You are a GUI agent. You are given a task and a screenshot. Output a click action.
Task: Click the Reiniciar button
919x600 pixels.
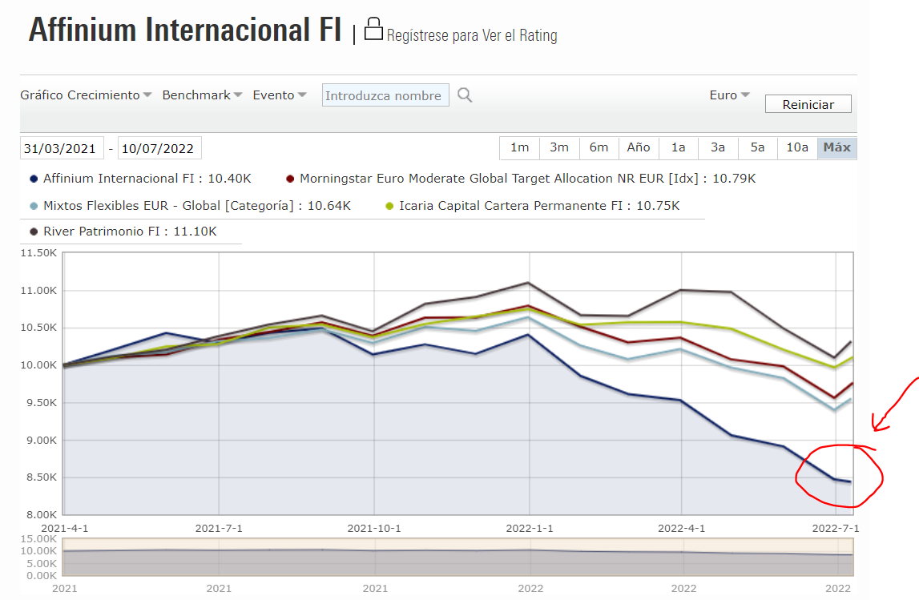808,104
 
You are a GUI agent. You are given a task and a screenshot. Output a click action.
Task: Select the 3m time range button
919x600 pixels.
558,147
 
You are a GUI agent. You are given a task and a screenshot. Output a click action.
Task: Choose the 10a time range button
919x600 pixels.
796,147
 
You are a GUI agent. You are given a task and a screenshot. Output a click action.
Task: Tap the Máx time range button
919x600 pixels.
836,147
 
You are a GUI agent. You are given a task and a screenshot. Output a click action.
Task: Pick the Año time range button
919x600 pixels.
639,147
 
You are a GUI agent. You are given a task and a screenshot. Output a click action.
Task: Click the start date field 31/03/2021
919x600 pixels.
61,148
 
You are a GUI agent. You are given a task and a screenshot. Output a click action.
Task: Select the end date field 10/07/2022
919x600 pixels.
159,148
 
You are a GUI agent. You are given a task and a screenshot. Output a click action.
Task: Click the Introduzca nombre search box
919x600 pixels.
385,95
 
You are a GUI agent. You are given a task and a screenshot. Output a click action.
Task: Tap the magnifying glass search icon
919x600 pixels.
465,95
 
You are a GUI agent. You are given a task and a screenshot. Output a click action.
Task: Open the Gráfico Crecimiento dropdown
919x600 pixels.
86,95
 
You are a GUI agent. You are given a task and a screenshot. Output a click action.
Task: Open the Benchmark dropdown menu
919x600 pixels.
202,95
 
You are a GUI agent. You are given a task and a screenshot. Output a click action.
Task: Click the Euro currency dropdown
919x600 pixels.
729,95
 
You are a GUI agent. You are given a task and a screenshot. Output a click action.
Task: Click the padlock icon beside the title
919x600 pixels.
373,30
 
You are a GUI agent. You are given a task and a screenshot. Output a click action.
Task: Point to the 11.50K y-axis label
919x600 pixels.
38,253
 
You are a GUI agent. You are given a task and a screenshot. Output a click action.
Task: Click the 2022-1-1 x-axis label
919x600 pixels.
530,529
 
